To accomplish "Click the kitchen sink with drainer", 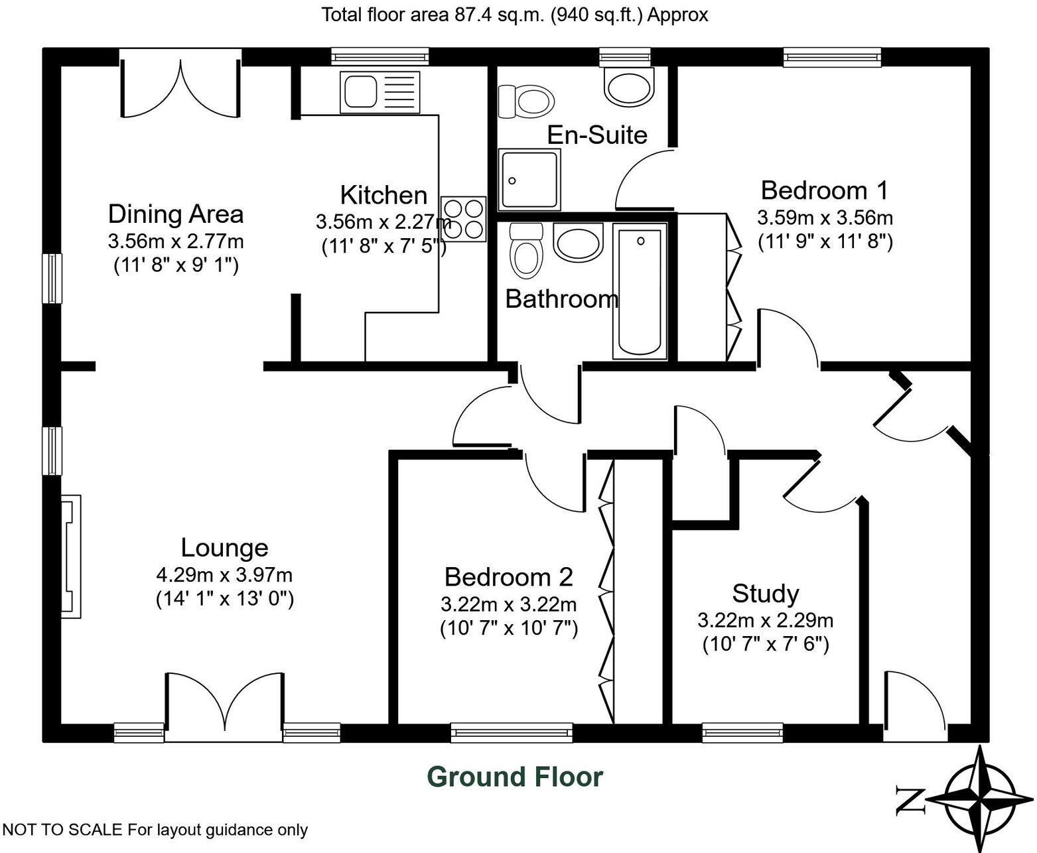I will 380,92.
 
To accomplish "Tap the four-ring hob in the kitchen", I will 463,218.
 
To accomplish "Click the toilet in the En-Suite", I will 526,100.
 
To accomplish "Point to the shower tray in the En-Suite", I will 529,180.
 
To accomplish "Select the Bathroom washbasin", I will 578,242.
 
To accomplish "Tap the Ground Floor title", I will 515,777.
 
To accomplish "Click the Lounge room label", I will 224,548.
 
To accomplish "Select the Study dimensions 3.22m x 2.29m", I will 765,621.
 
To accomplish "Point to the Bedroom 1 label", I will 824,190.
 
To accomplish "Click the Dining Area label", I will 176,214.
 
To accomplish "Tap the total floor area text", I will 515,15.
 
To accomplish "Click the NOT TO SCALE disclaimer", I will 155,830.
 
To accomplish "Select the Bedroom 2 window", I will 512,732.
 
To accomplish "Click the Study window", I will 742,732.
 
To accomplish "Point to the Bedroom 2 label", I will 508,577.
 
